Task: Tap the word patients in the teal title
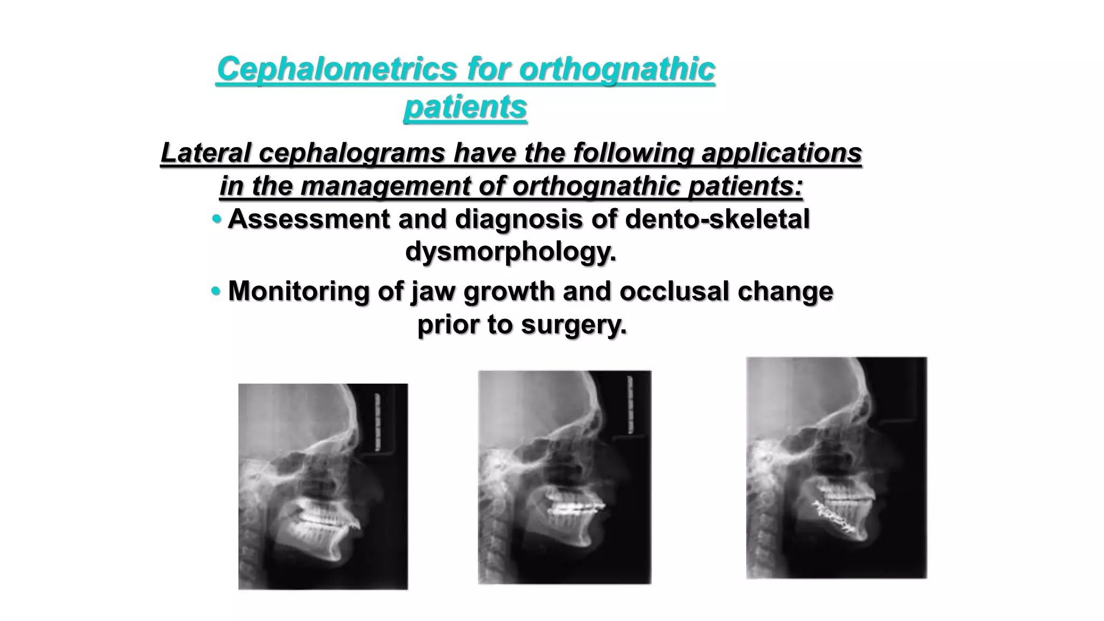point(465,106)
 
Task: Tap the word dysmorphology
point(510,251)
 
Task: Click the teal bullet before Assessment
point(217,219)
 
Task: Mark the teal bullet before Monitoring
point(216,292)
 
